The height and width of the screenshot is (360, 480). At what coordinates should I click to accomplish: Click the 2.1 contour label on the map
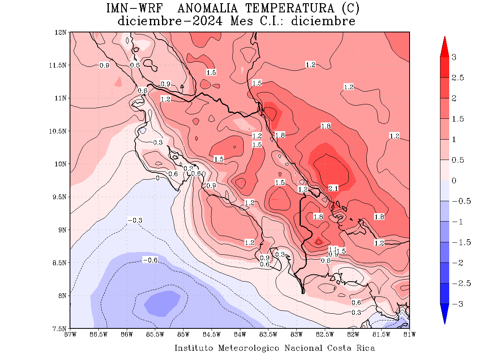333,188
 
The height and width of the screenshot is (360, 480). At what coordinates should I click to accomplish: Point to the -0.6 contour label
150,260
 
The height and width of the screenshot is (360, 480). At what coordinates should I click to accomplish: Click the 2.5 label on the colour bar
458,78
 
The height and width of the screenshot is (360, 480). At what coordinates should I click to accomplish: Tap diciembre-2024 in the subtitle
170,21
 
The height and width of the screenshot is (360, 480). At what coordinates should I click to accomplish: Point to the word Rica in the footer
366,348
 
